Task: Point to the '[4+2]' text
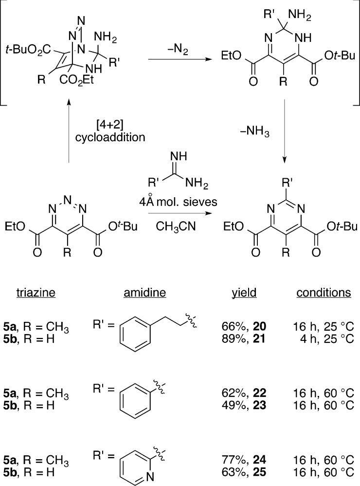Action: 110,126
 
